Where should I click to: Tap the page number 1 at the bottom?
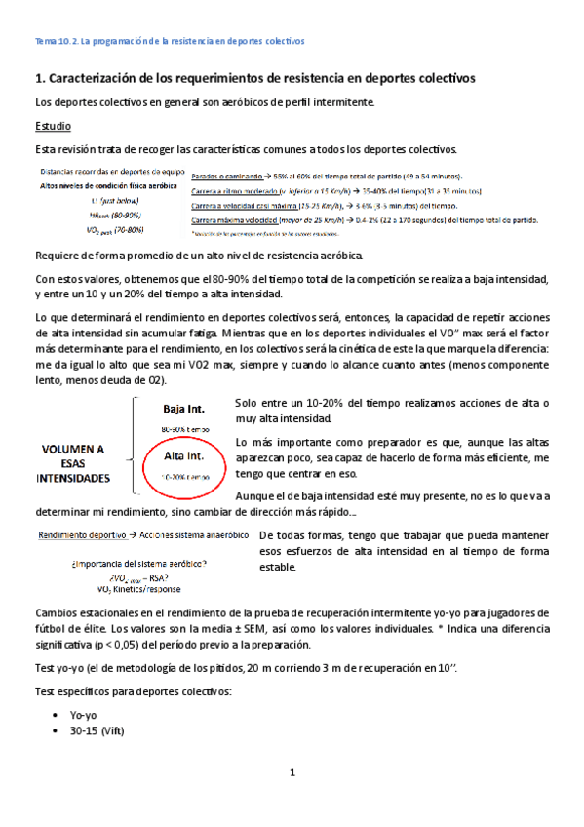[292, 773]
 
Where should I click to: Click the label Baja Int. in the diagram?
[185, 408]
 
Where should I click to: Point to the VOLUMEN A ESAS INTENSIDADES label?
[73, 463]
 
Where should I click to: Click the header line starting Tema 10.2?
[170, 43]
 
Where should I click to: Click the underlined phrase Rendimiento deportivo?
[82, 535]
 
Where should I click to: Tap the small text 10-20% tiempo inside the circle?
[186, 476]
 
